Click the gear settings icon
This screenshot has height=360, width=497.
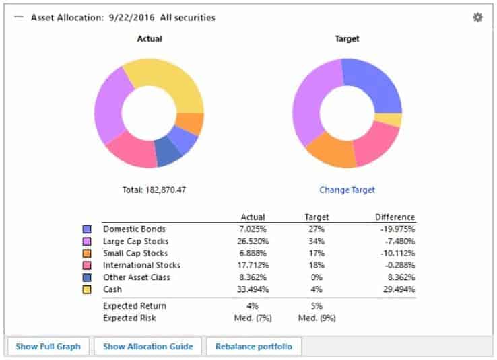477,17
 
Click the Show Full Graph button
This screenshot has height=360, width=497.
48,347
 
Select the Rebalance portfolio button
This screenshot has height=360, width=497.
254,347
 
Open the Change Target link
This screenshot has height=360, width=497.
347,190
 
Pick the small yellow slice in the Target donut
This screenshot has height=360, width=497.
389,120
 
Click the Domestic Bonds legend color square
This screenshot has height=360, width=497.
87,229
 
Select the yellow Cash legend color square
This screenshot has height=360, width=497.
87,289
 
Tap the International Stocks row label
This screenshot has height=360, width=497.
141,265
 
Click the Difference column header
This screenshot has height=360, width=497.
395,217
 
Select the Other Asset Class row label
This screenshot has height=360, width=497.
136,277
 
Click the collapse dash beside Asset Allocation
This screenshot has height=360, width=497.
18,17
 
